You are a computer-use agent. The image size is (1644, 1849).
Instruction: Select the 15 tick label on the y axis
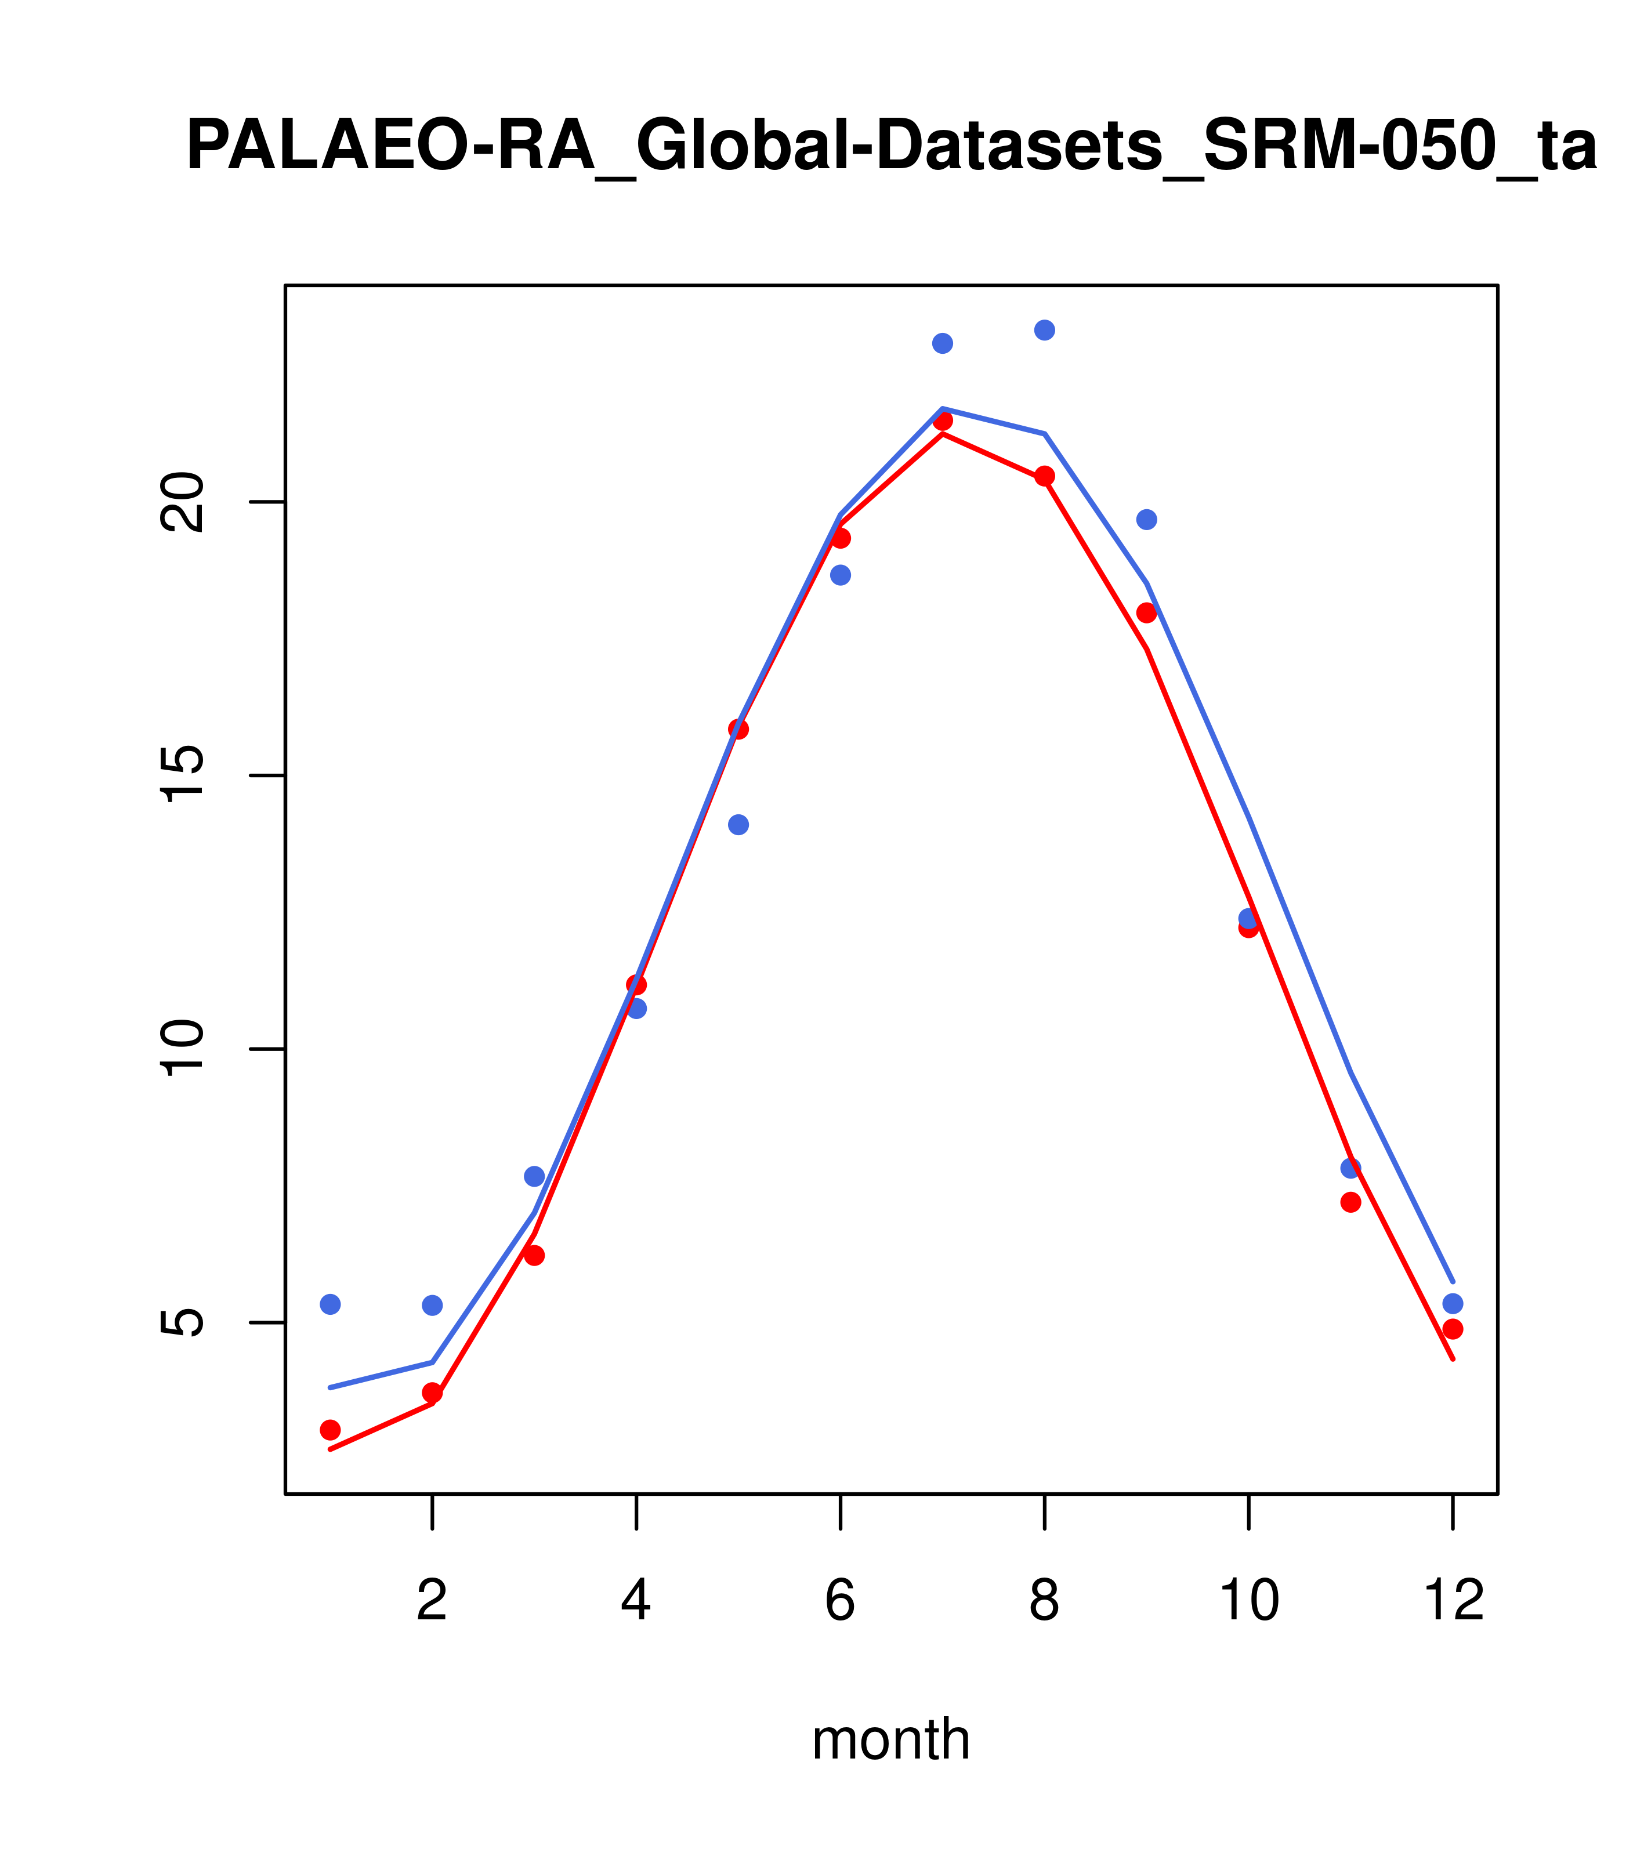181,775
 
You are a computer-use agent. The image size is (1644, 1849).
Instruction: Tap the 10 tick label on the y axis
181,1049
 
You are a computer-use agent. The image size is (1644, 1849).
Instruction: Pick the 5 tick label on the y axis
181,1322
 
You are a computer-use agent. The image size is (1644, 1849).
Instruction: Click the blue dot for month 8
1044,330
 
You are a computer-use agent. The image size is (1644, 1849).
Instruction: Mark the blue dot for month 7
942,343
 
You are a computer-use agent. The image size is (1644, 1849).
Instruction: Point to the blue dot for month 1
330,1304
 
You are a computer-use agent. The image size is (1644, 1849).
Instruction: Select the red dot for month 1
330,1429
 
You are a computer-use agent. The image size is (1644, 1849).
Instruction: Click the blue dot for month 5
738,824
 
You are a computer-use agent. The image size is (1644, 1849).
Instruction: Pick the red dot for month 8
1044,476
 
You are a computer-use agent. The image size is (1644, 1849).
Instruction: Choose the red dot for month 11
1351,1202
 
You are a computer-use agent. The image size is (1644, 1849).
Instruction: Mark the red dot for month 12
1453,1329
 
